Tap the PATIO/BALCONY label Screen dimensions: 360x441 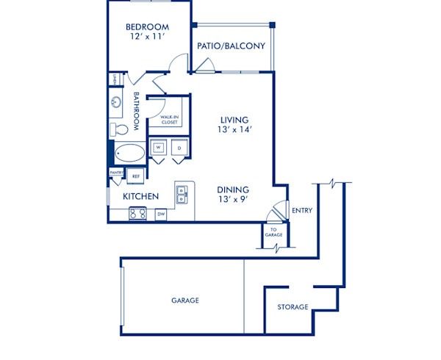pos(231,46)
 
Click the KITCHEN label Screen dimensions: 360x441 pos(141,197)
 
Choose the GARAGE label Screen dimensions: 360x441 pos(185,300)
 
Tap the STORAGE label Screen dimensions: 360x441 pos(293,307)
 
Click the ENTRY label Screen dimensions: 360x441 pos(302,211)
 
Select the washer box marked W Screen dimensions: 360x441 pos(158,148)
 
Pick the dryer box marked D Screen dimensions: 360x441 pos(179,148)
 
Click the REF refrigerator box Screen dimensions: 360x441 pos(136,176)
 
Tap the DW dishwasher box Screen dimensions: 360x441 pos(161,215)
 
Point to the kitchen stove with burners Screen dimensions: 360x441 pos(137,214)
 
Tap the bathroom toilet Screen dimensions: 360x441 pos(119,130)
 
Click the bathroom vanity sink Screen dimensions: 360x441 pos(117,103)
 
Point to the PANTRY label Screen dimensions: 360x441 pos(116,173)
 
